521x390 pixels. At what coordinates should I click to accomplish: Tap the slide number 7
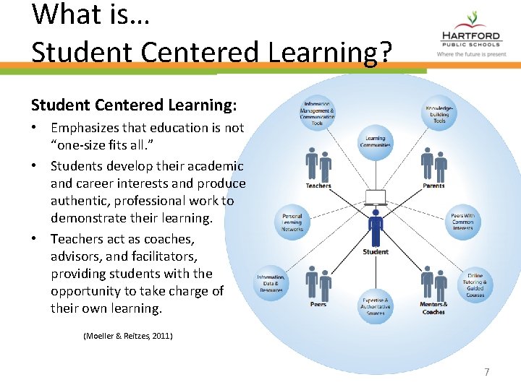coord(487,372)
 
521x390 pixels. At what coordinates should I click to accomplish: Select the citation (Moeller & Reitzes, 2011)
coord(128,336)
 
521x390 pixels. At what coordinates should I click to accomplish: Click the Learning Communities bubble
coord(376,141)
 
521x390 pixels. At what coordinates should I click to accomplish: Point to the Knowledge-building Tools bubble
coord(439,113)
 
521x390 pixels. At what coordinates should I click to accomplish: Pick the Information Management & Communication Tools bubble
coord(318,113)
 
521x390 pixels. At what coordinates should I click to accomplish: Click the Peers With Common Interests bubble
coord(462,222)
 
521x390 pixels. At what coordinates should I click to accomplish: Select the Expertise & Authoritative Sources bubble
coord(376,306)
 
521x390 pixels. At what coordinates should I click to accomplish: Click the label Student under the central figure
coord(376,252)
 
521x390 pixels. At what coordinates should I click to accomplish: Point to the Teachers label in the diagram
coord(318,186)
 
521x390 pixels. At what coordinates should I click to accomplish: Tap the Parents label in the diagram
coord(433,186)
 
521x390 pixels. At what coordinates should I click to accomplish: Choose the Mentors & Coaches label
coord(433,308)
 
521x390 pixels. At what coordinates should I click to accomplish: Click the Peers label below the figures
coord(318,304)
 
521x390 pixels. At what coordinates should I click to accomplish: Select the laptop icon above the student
coord(376,197)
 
